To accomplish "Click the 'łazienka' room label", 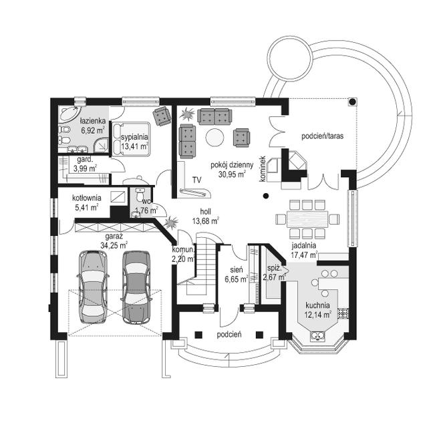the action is (x=92, y=121).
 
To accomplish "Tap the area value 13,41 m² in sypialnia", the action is (x=135, y=146).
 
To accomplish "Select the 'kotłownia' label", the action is (x=87, y=198).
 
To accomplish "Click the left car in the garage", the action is (x=93, y=286).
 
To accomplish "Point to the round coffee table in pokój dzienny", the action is (x=215, y=138).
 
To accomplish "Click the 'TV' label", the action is (x=197, y=180).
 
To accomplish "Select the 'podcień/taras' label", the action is (x=322, y=136).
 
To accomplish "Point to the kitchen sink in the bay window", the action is (x=317, y=335).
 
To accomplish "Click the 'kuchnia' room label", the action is (x=317, y=305).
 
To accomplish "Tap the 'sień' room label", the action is (x=237, y=270).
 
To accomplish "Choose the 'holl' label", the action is (x=205, y=212).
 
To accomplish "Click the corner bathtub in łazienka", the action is (x=69, y=114).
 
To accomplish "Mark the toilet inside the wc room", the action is (x=140, y=194).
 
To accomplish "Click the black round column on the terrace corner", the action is (x=352, y=102).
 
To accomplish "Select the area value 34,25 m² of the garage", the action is (x=114, y=245).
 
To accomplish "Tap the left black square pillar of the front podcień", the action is (x=198, y=335).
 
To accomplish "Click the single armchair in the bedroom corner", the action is (x=162, y=116).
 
